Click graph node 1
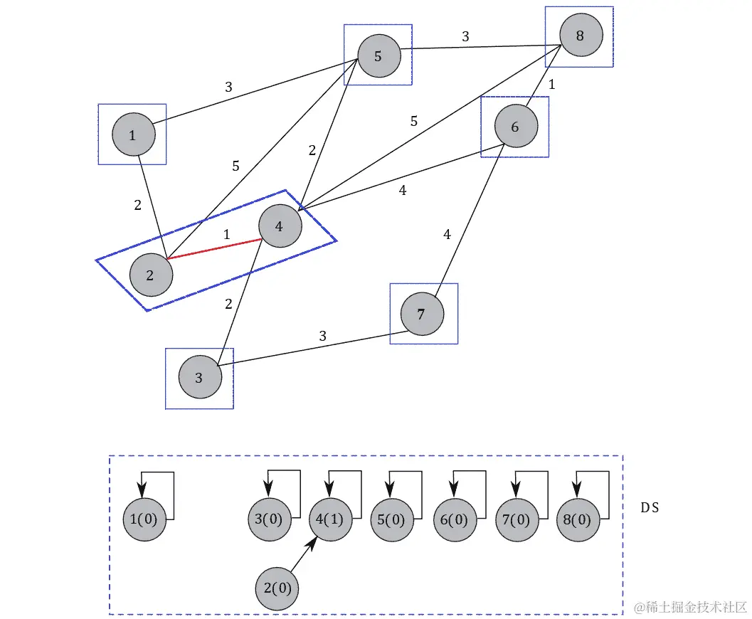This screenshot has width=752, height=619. pyautogui.click(x=133, y=134)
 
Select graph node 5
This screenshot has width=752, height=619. pyautogui.click(x=378, y=56)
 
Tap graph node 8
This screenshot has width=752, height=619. pyautogui.click(x=581, y=36)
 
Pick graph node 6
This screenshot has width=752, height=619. pyautogui.click(x=516, y=127)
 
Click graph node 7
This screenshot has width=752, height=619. pyautogui.click(x=422, y=314)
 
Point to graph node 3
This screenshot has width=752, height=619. pyautogui.click(x=199, y=378)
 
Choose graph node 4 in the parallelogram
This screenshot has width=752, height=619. pyautogui.click(x=280, y=226)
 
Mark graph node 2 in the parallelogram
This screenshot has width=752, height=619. pyautogui.click(x=151, y=275)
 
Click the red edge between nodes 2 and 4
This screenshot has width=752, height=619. pyautogui.click(x=213, y=250)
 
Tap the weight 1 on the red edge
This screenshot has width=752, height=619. pyautogui.click(x=227, y=234)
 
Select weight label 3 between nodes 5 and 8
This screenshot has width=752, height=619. pyautogui.click(x=465, y=37)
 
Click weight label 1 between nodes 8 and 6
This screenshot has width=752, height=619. pyautogui.click(x=551, y=84)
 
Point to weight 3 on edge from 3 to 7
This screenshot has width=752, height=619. pyautogui.click(x=322, y=336)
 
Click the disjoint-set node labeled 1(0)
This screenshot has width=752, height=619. pyautogui.click(x=144, y=519)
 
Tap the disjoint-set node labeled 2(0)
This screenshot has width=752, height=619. pyautogui.click(x=277, y=588)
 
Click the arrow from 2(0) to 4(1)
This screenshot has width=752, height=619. pyautogui.click(x=302, y=558)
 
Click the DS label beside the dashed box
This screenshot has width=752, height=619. pyautogui.click(x=650, y=508)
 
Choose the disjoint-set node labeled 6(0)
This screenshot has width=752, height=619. pyautogui.click(x=455, y=519)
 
